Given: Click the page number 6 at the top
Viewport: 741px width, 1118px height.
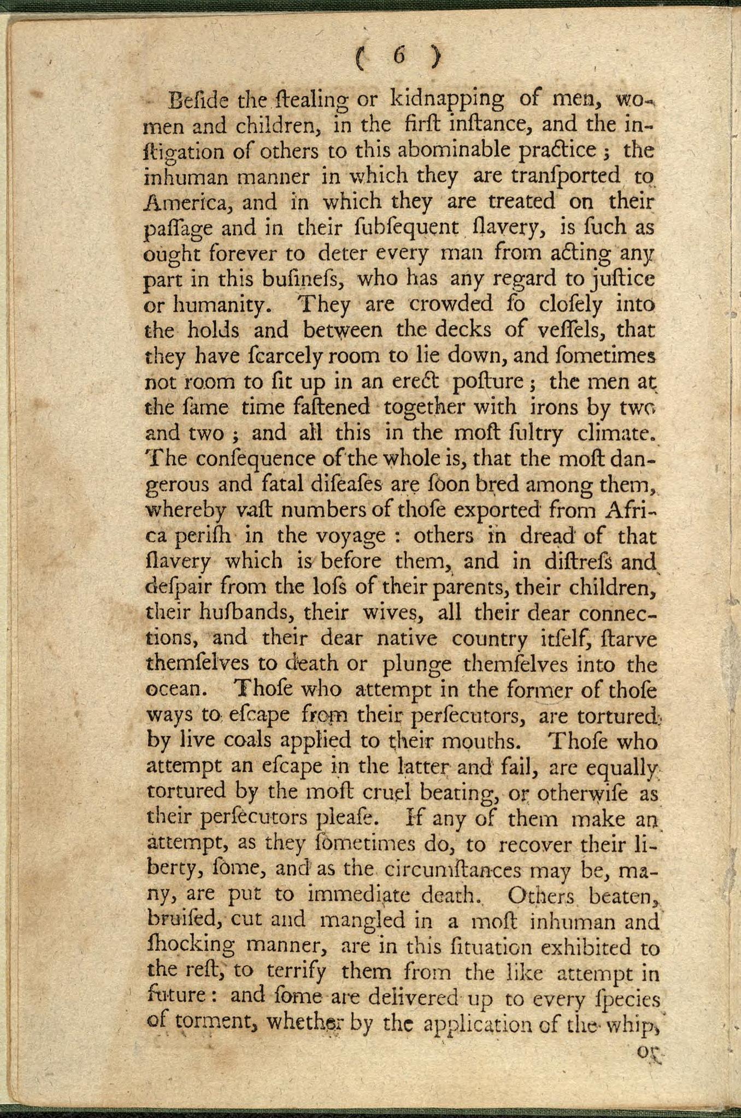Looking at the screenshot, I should tap(398, 57).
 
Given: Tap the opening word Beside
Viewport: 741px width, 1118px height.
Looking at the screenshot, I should tap(197, 100).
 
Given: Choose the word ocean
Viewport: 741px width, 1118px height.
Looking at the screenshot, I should tap(175, 689).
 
